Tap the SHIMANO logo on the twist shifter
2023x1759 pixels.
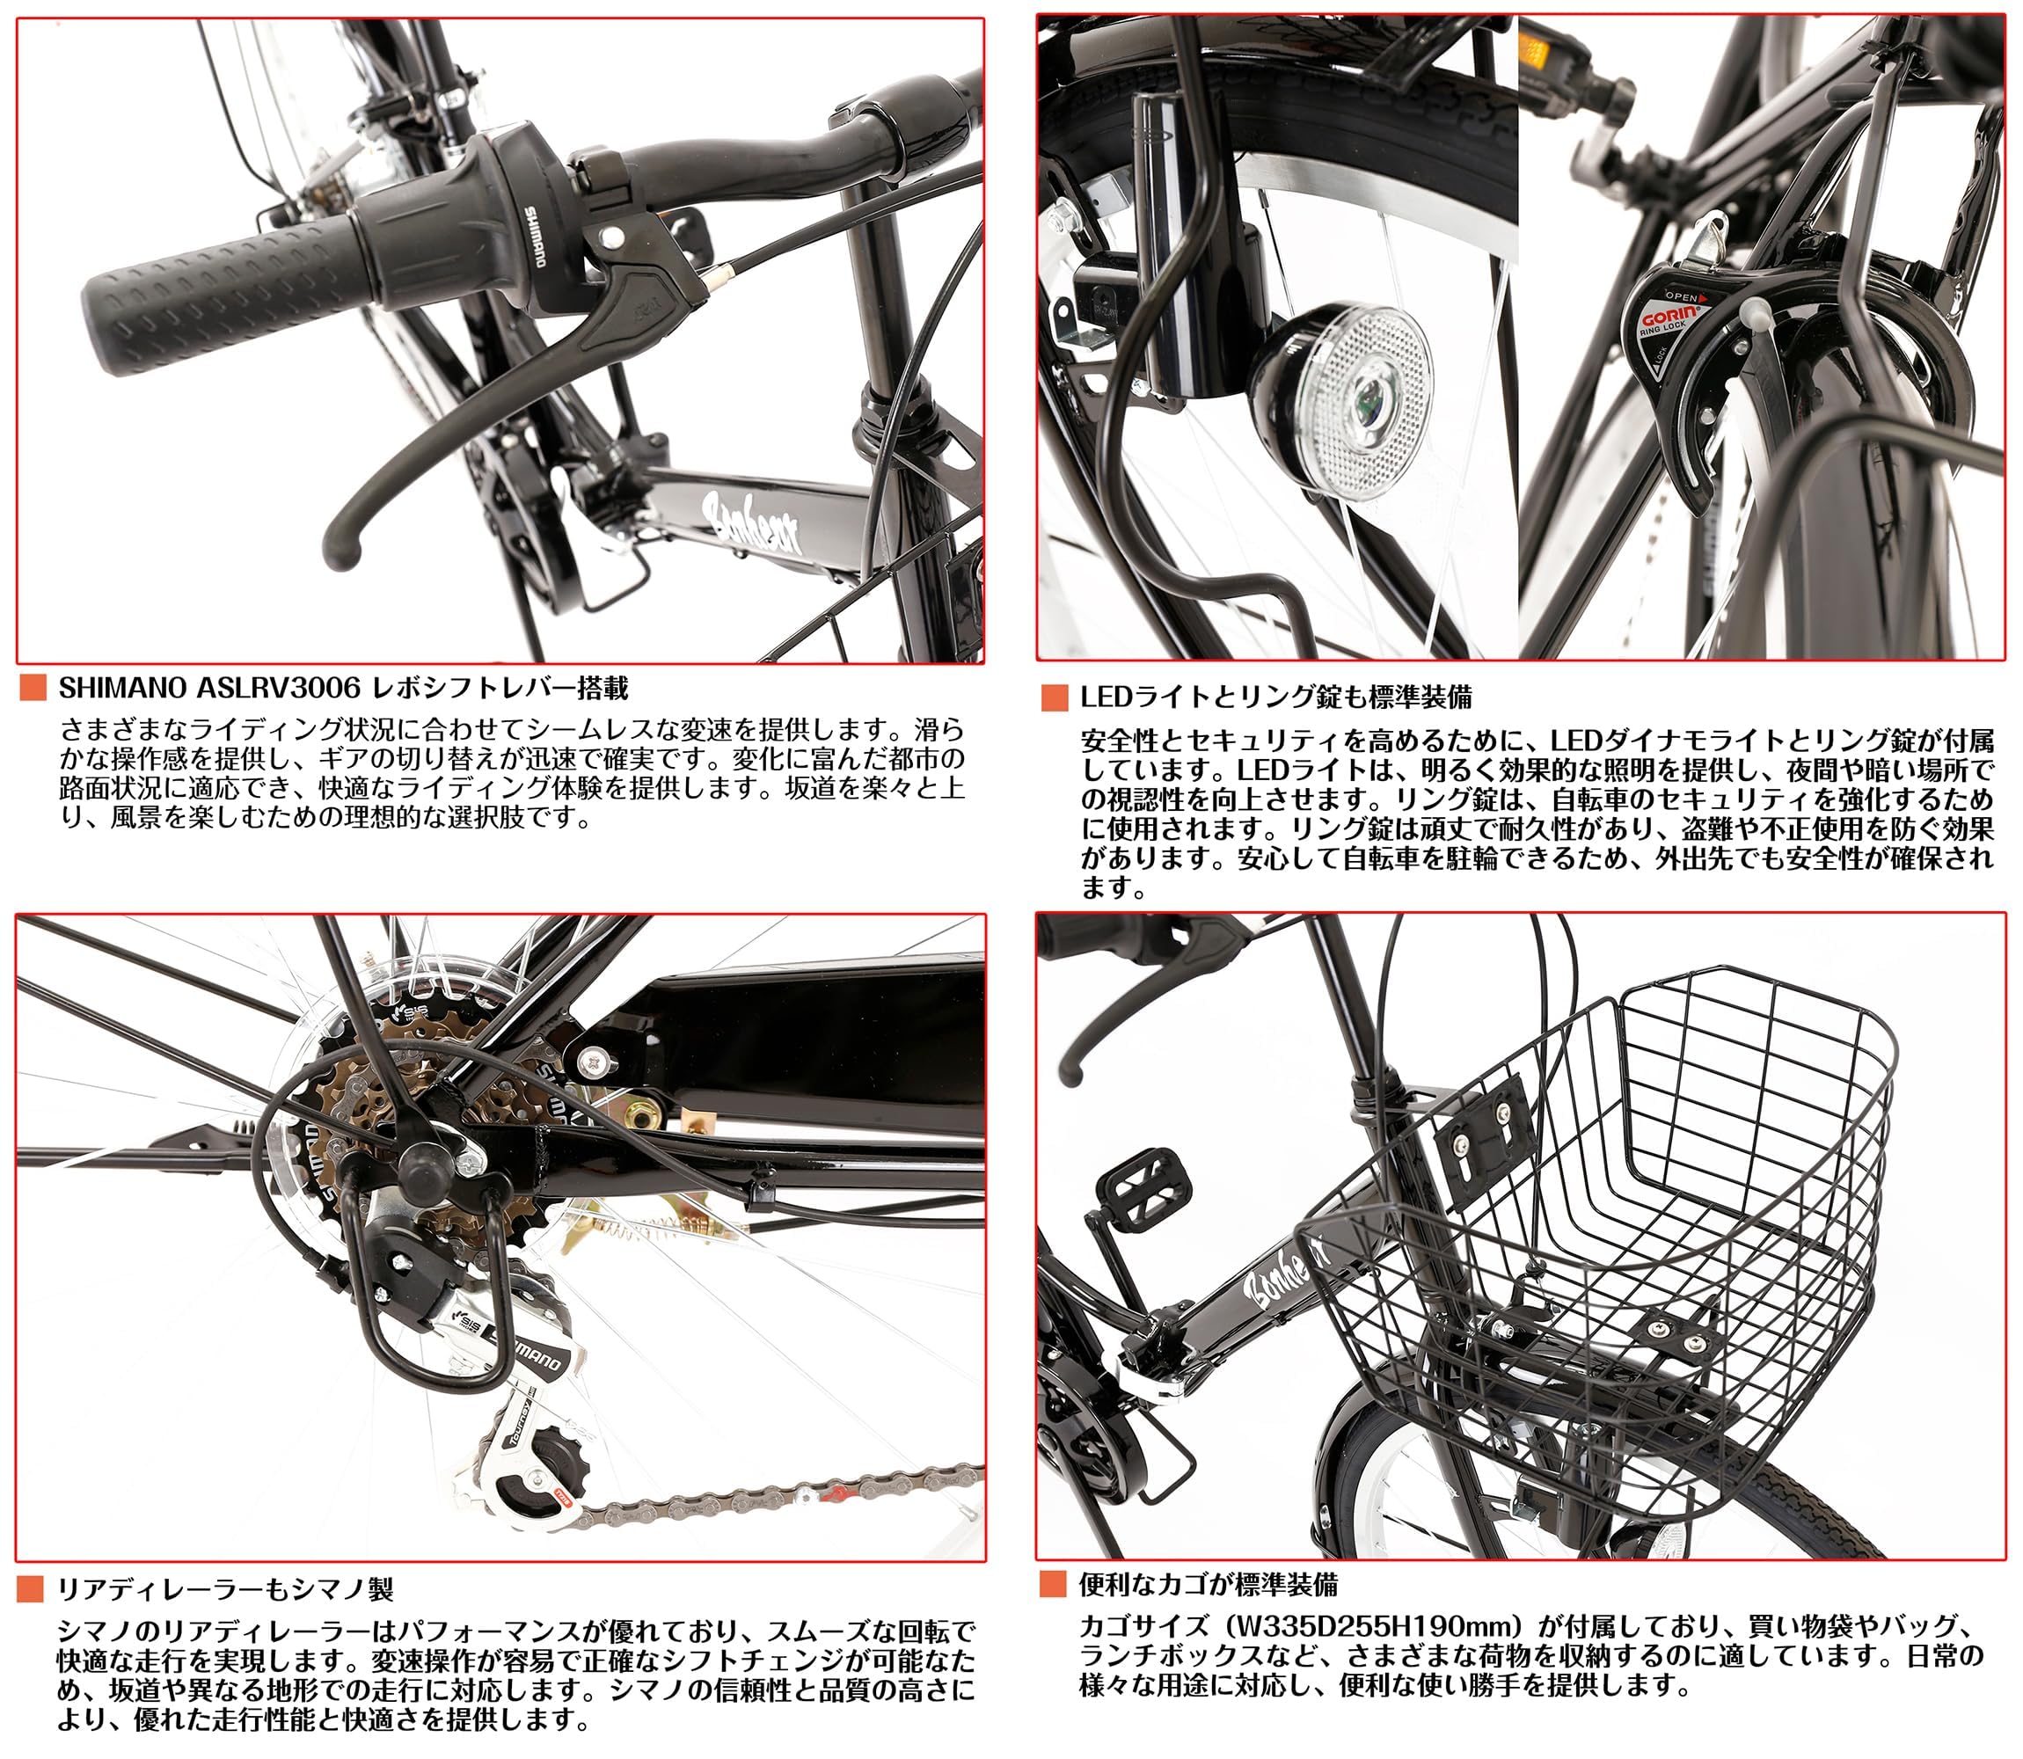[x=533, y=237]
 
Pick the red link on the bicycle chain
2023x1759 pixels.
[x=836, y=1495]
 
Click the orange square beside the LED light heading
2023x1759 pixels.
[x=1055, y=698]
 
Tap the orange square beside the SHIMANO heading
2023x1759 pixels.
[x=33, y=688]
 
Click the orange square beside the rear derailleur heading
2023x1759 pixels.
[x=31, y=1588]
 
